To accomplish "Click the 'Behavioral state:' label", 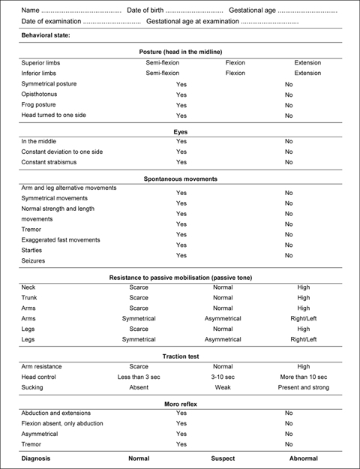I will click(x=47, y=35).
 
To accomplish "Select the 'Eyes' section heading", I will click(x=180, y=131).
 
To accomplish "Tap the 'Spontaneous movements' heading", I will click(x=180, y=179).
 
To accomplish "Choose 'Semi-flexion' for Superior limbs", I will click(x=163, y=63).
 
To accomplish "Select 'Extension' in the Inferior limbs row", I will click(x=307, y=74).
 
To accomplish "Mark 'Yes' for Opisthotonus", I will click(x=181, y=95).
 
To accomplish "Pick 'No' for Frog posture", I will click(x=289, y=106).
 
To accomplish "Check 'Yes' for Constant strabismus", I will click(x=181, y=162).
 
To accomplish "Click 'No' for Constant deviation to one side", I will click(x=289, y=152).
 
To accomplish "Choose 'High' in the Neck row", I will click(x=304, y=287).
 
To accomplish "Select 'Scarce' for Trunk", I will click(x=139, y=298).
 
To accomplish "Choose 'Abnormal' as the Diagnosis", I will click(x=304, y=458).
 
